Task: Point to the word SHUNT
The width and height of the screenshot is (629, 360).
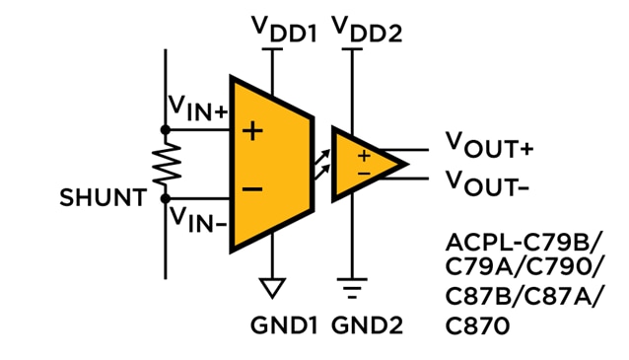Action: pos(102,198)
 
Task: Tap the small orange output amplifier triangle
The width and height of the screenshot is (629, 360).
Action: pos(365,162)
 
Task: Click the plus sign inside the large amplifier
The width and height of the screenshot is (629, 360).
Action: pos(252,129)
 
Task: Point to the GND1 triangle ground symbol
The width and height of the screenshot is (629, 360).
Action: pos(272,288)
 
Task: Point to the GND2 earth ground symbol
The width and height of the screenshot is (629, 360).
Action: pos(348,290)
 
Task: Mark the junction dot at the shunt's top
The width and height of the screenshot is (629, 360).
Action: pos(163,127)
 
